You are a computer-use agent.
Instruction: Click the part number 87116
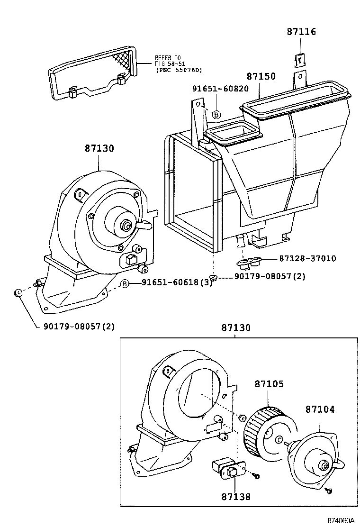[301, 32]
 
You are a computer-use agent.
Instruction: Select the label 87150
[261, 76]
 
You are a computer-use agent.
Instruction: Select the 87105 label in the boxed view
[270, 383]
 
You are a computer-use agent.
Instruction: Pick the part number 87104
[320, 409]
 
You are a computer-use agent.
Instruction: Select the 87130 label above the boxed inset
[235, 328]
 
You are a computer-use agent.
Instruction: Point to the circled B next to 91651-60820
[216, 114]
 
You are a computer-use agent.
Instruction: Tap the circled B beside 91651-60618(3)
[125, 283]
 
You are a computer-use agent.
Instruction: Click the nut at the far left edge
[17, 293]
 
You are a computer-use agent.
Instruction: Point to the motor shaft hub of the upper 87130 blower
[126, 226]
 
